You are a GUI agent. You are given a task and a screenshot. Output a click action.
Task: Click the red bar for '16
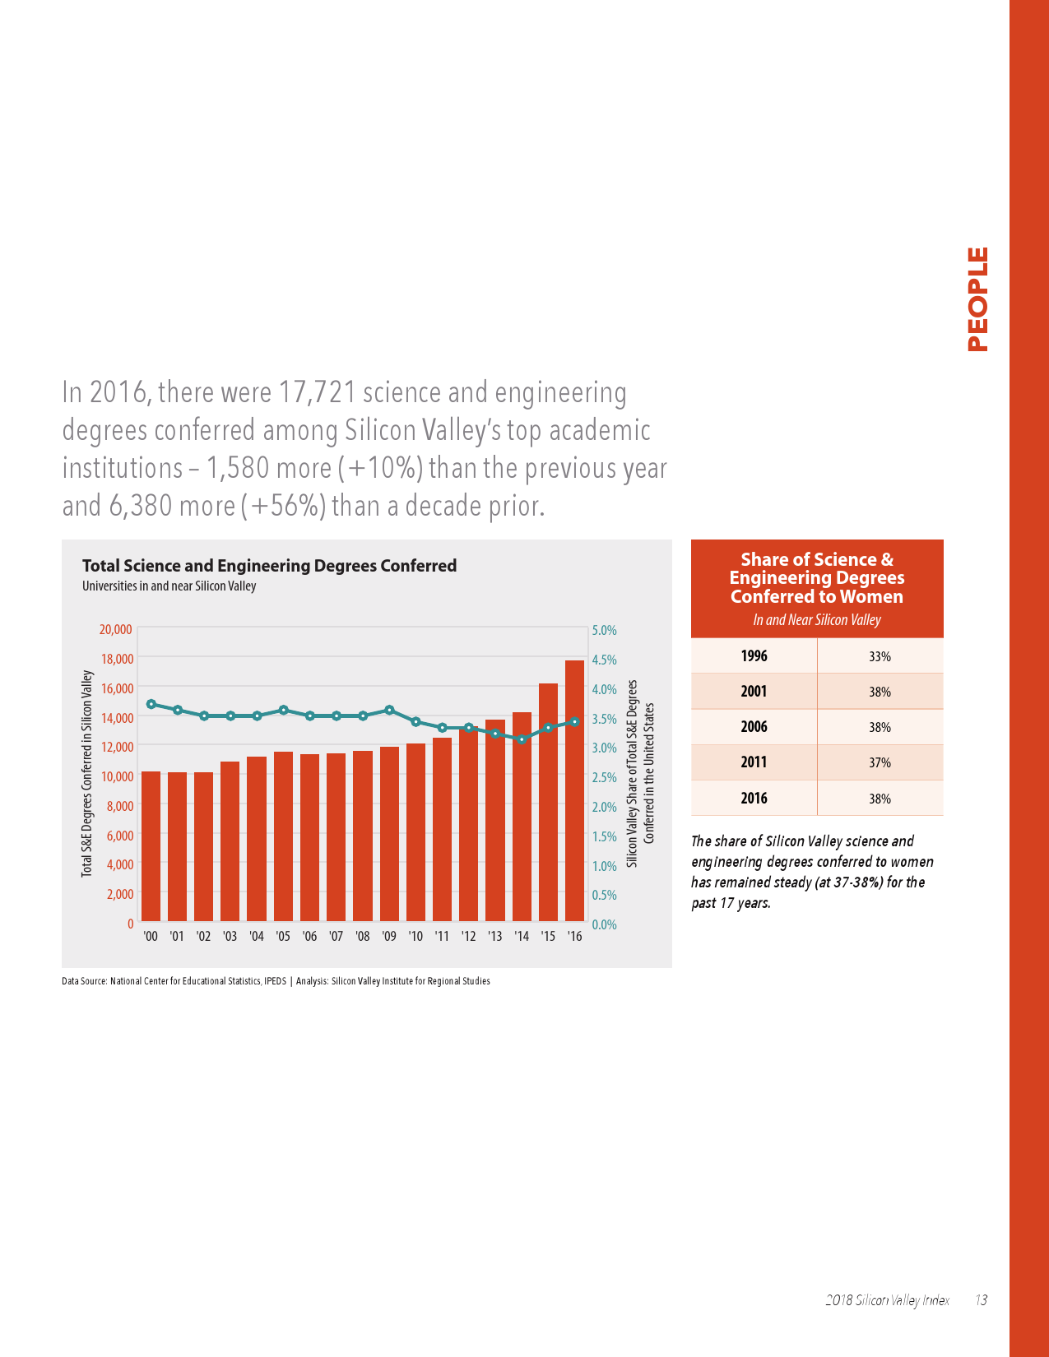(574, 790)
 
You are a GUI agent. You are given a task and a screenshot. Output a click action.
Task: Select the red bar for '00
(151, 846)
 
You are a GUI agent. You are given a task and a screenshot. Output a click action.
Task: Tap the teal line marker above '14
(522, 739)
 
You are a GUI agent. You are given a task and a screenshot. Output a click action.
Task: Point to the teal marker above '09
(389, 710)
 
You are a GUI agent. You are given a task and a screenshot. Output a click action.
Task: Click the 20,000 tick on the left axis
(116, 629)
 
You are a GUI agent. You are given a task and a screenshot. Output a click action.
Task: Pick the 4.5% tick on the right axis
(604, 660)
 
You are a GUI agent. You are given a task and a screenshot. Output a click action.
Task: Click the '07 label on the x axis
(336, 936)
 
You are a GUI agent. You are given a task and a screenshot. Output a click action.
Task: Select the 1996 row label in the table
(754, 656)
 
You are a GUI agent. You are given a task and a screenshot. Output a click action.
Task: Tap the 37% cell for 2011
(880, 762)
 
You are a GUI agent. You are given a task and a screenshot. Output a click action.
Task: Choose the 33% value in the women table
(880, 656)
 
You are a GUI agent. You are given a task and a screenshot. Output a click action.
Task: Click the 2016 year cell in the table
(754, 798)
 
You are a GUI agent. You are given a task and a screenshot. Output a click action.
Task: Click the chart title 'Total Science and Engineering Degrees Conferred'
(269, 566)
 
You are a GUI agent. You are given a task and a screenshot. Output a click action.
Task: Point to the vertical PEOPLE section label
(977, 299)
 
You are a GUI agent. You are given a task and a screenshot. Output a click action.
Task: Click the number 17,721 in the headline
(318, 392)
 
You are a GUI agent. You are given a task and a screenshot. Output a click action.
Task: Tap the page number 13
(981, 1300)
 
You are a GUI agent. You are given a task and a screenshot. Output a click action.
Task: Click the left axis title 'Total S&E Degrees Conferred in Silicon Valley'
(86, 774)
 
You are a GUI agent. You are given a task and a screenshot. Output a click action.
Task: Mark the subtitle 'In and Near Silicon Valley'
(816, 620)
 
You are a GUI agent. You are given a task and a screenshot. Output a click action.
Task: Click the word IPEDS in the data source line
(276, 981)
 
